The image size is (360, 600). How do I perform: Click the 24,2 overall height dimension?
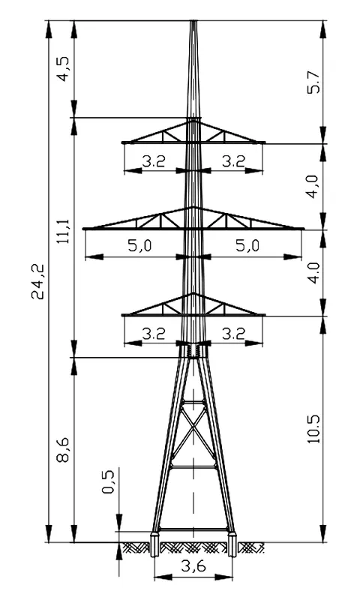point(39,281)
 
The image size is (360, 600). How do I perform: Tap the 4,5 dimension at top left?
point(64,69)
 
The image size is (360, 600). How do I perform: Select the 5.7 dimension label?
point(316,82)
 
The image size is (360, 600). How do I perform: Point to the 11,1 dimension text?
point(64,232)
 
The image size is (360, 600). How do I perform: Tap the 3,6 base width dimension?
point(193,566)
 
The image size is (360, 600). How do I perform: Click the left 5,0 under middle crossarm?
point(139,246)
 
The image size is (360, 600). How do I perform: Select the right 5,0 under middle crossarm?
point(247,246)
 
